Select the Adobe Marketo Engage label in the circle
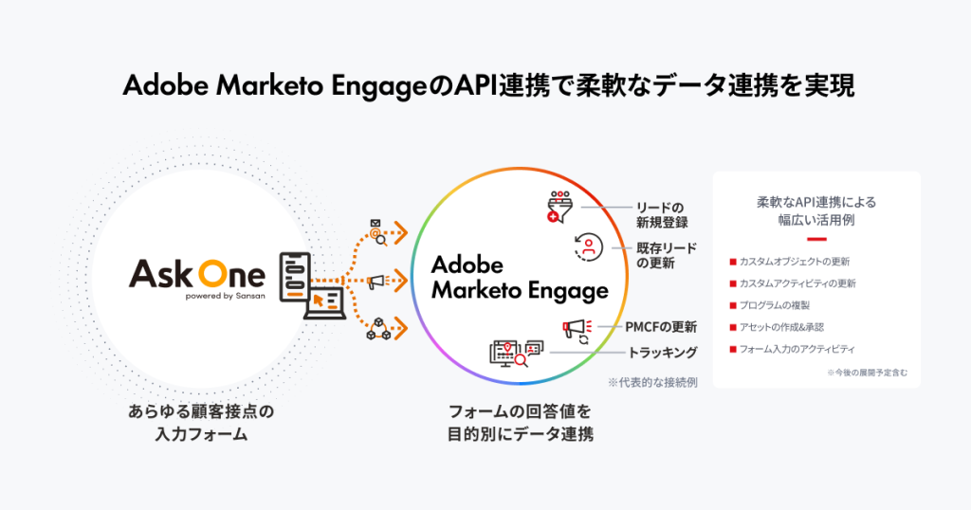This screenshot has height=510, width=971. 520,277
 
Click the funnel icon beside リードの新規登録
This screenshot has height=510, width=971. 560,207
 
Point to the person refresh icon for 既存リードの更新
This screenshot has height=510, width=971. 588,248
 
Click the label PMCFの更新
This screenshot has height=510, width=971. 661,327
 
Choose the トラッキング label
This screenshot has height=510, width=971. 663,353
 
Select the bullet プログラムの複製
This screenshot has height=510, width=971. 781,305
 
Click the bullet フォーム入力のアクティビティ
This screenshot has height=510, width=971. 797,349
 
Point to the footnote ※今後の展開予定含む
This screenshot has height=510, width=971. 866,373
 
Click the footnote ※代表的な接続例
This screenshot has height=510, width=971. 653,383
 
